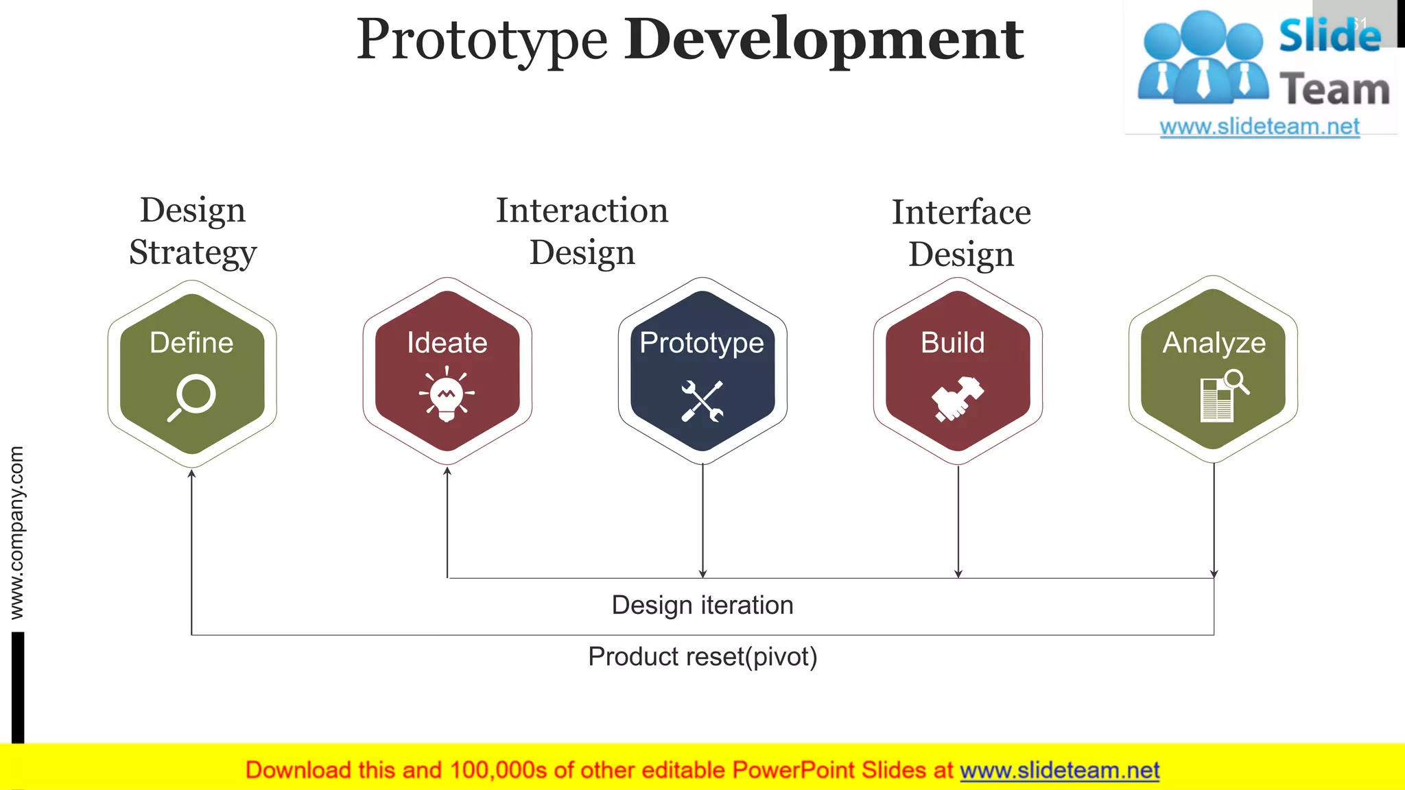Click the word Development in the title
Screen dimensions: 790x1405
823,40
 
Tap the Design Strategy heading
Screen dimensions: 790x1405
193,230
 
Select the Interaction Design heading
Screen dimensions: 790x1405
582,230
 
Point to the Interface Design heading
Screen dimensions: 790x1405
960,232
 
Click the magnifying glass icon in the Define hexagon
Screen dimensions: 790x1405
192,397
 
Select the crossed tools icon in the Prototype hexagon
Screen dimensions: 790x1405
702,401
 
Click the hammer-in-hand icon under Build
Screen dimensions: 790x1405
957,398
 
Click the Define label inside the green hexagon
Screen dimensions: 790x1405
191,342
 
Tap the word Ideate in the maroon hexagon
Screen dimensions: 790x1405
447,342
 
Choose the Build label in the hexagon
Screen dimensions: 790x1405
952,342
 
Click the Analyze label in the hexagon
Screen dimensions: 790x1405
1214,342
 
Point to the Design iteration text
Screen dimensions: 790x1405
702,605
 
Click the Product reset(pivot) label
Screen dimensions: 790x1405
702,656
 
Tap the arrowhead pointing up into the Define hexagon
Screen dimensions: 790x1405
191,474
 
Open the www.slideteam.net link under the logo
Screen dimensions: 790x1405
1259,126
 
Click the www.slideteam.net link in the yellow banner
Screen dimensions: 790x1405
1059,770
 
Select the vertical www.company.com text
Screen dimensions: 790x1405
16,532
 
